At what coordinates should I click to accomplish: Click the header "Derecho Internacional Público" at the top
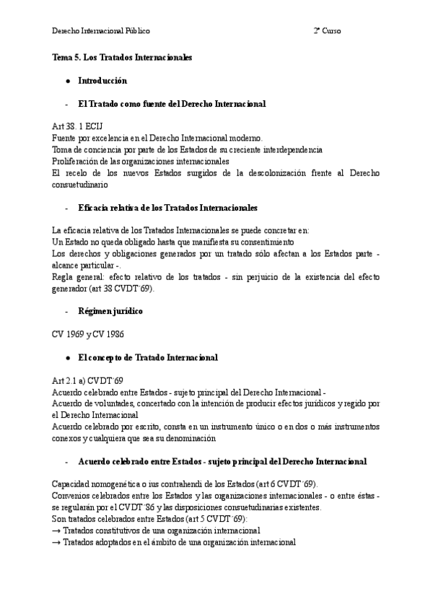[101, 31]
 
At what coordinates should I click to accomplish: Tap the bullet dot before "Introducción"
[67, 80]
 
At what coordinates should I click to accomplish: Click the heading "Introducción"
[102, 80]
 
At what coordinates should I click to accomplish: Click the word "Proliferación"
[74, 161]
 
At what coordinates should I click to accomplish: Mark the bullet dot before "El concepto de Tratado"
[67, 357]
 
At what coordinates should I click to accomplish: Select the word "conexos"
[68, 438]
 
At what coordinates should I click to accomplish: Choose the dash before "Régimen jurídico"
[66, 311]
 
